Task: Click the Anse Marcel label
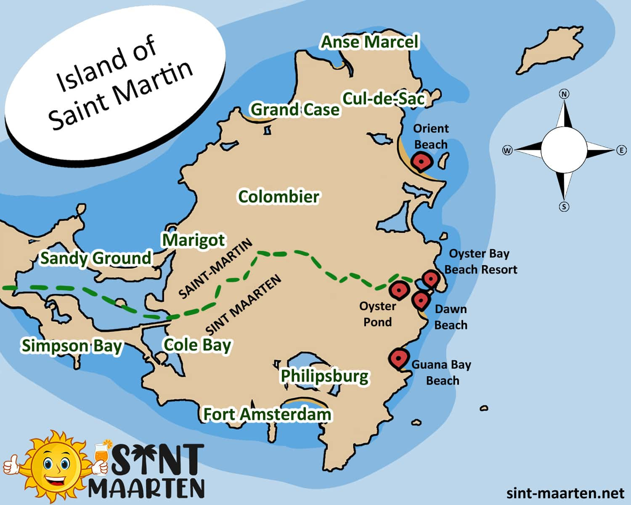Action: point(370,42)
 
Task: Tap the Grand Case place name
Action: point(295,109)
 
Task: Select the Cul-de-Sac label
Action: point(384,99)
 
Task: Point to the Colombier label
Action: point(278,197)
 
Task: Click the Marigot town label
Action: point(194,240)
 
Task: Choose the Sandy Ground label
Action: point(95,258)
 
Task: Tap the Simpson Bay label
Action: point(72,346)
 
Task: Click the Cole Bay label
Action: point(197,345)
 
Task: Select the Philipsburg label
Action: point(324,376)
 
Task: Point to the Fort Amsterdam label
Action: point(267,414)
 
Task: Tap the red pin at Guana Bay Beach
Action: point(398,359)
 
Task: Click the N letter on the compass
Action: point(564,94)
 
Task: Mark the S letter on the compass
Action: point(564,207)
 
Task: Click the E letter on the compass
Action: point(621,150)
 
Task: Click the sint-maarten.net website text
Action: point(565,493)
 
